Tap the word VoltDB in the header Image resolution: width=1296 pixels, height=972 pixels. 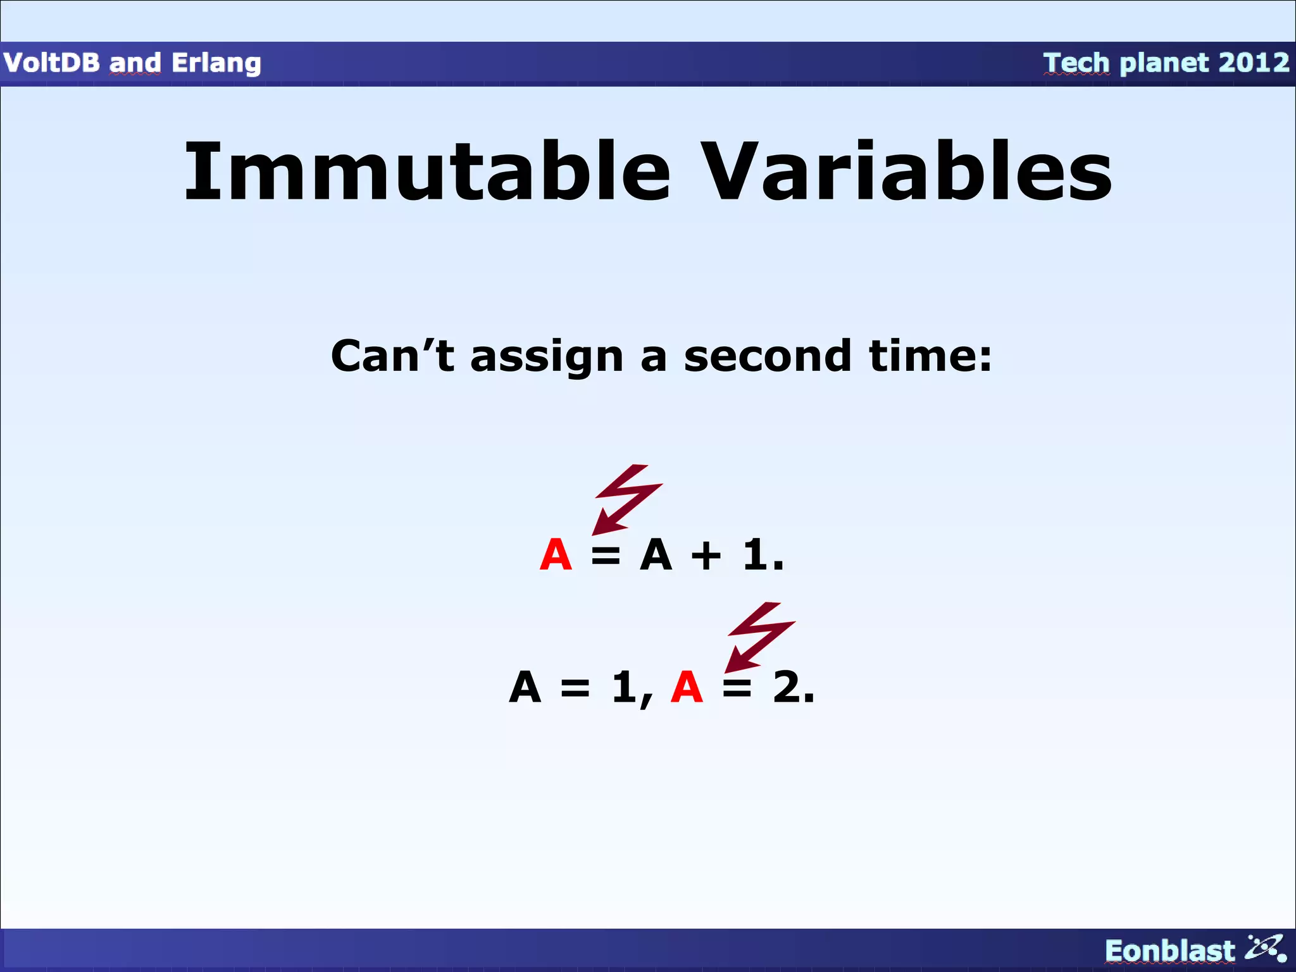pyautogui.click(x=51, y=63)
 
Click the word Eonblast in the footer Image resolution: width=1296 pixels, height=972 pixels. pyautogui.click(x=1169, y=951)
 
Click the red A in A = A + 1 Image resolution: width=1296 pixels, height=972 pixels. pyautogui.click(x=556, y=555)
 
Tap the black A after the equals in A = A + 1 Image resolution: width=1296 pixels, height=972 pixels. pyautogui.click(x=656, y=555)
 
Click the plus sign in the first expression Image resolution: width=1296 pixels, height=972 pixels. pyautogui.click(x=706, y=556)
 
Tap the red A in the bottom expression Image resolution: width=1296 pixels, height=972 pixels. pyautogui.click(x=687, y=687)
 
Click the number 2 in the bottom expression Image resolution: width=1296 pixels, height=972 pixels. pyautogui.click(x=787, y=687)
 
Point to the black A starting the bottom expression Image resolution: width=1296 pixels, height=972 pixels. pyautogui.click(x=525, y=687)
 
